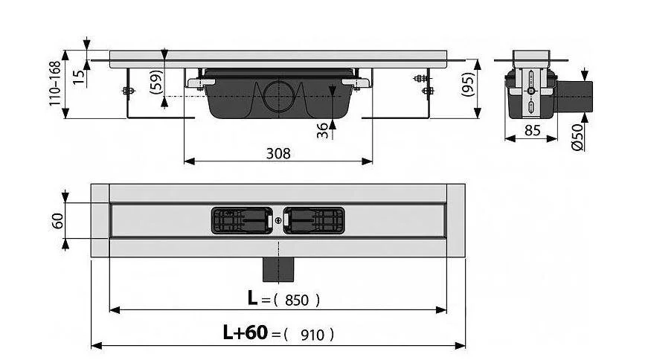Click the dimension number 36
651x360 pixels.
pos(322,129)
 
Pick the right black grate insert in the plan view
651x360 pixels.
pos(313,219)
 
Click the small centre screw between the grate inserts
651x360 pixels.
pos(278,220)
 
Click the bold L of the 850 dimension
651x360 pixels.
pos(254,299)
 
